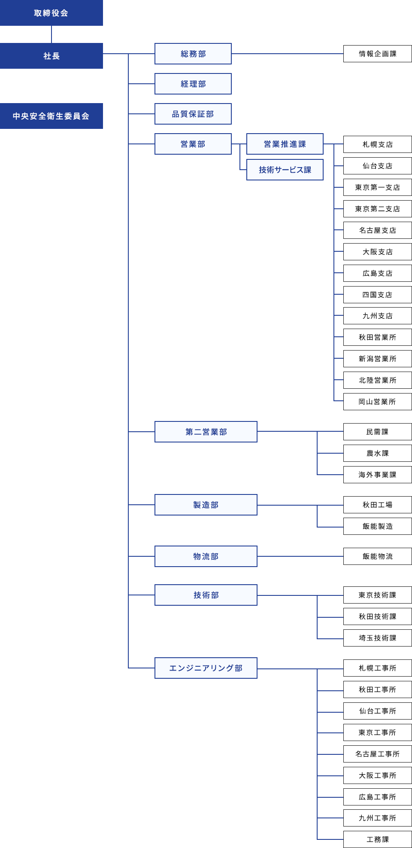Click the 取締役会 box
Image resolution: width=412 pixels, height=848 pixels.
pyautogui.click(x=51, y=13)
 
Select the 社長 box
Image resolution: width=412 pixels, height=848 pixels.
pyautogui.click(x=51, y=56)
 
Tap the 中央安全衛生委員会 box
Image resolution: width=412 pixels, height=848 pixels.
pyautogui.click(x=51, y=116)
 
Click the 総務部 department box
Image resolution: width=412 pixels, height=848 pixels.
pyautogui.click(x=193, y=54)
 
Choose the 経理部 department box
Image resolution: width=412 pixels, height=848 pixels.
pyautogui.click(x=193, y=84)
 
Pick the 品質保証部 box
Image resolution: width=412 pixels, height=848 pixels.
pyautogui.click(x=193, y=114)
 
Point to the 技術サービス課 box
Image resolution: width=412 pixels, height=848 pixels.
pyautogui.click(x=285, y=170)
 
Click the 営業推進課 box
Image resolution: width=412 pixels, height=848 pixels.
pyautogui.click(x=285, y=144)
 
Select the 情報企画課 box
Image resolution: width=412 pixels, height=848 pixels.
pyautogui.click(x=378, y=54)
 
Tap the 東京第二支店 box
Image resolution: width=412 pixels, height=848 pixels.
pyautogui.click(x=378, y=209)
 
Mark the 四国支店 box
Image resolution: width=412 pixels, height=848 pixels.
pyautogui.click(x=378, y=295)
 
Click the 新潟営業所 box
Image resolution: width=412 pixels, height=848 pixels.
pyautogui.click(x=378, y=359)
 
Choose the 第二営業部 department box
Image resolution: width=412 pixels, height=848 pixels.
pyautogui.click(x=206, y=432)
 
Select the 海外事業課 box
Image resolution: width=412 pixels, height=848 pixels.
pyautogui.click(x=378, y=475)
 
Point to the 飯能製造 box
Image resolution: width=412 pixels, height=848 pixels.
pyautogui.click(x=378, y=526)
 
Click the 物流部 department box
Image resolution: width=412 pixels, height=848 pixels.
pyautogui.click(x=206, y=556)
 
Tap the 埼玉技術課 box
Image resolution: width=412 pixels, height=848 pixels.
pyautogui.click(x=378, y=638)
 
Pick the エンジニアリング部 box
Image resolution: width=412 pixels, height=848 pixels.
pyautogui.click(x=206, y=668)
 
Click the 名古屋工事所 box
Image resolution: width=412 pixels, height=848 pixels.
pyautogui.click(x=378, y=754)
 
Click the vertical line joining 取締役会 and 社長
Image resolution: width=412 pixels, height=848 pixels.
pyautogui.click(x=51, y=34)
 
